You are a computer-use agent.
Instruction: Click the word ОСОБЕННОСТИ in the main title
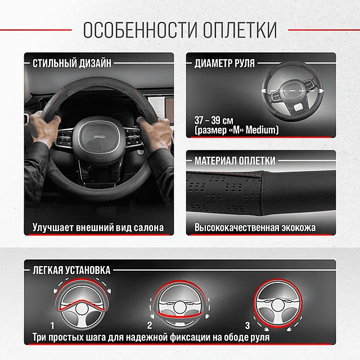(x=135, y=29)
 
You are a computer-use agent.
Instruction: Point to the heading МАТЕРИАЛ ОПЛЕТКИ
(x=235, y=161)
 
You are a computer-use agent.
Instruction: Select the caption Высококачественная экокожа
(x=255, y=228)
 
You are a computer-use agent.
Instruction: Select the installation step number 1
(x=52, y=326)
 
